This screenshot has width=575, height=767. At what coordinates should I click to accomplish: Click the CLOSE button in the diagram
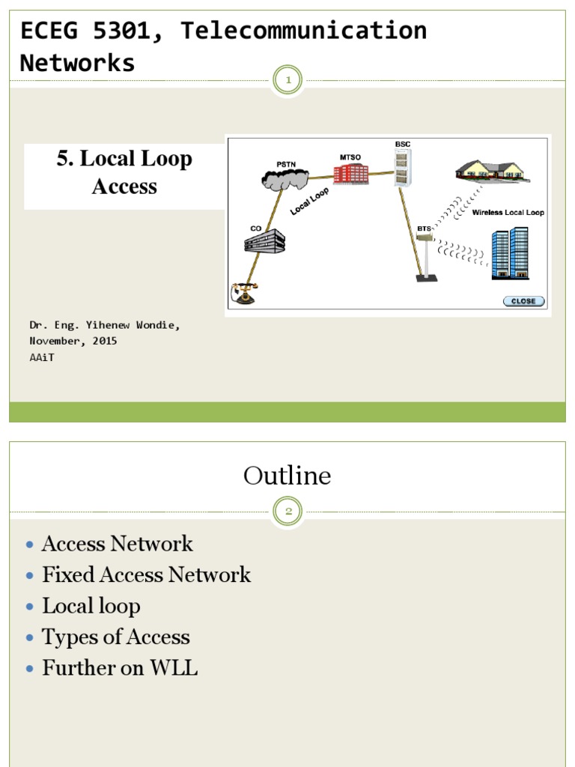point(523,301)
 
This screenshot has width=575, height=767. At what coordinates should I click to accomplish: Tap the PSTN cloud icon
point(285,177)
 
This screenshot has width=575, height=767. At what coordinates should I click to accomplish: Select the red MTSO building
point(351,174)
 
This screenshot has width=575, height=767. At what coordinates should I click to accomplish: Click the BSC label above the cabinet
point(404,143)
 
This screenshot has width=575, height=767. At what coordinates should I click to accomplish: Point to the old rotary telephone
point(243,293)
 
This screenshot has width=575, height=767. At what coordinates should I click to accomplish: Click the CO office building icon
point(264,240)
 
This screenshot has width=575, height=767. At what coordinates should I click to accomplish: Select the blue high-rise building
point(510,253)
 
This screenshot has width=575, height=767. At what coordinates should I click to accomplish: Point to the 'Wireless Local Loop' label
point(508,213)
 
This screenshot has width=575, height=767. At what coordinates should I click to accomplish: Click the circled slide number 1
point(287,80)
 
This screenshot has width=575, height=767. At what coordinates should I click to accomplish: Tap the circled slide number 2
point(287,512)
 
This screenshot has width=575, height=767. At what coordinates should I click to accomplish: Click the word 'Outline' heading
point(287,476)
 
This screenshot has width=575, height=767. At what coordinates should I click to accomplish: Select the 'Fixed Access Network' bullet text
point(146,575)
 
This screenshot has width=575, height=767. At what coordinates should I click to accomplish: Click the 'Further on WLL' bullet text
point(120,668)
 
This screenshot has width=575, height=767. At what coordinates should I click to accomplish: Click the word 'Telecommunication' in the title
point(304,31)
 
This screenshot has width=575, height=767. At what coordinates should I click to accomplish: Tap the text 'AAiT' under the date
point(42,357)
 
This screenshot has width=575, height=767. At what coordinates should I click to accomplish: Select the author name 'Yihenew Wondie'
point(133,325)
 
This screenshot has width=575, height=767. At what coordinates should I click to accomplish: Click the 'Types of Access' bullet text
point(116,637)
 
